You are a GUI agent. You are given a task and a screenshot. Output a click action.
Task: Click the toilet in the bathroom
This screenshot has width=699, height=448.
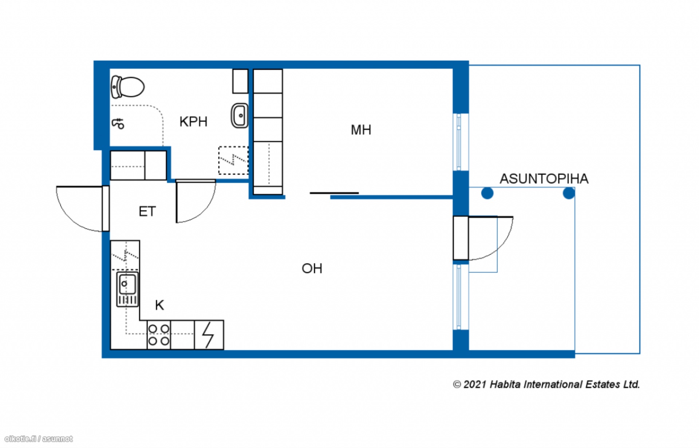[127, 87]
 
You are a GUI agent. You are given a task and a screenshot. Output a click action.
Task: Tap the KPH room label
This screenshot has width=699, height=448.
[193, 122]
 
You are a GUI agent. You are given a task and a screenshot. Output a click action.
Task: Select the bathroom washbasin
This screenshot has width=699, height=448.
[240, 116]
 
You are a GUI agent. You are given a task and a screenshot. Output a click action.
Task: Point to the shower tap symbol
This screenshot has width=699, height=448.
[118, 123]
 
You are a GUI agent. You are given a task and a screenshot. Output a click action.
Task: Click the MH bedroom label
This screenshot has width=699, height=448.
[361, 130]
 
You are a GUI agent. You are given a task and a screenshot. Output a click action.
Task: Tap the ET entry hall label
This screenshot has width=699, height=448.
[147, 211]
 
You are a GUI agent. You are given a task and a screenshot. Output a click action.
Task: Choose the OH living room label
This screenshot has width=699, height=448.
[312, 269]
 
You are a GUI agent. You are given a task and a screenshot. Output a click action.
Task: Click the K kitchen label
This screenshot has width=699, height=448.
[159, 305]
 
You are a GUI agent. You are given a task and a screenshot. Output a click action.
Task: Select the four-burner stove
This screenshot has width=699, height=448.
[159, 335]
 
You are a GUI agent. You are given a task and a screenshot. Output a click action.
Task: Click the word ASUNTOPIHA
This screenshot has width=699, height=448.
[544, 179]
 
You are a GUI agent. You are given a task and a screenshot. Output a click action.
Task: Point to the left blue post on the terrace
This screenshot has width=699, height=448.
[487, 193]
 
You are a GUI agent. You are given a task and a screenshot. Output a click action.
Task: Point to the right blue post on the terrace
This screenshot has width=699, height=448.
[569, 193]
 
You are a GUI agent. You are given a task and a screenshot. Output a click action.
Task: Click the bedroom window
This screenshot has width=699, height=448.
[459, 142]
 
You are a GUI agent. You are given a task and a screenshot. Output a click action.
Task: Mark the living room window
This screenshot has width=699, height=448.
[459, 297]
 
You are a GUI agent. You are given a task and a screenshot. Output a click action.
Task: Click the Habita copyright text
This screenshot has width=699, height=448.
[546, 384]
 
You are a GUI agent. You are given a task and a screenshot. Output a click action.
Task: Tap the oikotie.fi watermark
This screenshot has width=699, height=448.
[39, 439]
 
